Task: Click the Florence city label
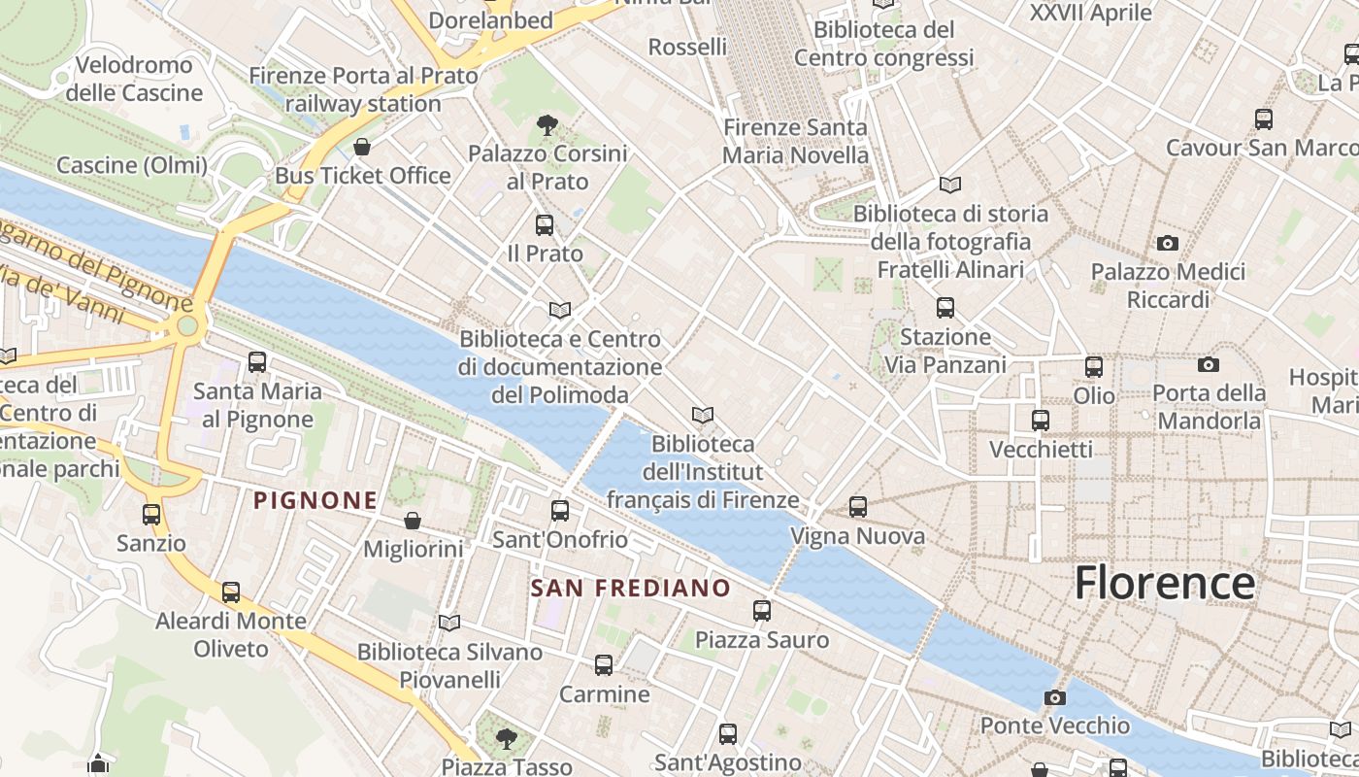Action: (x=1164, y=583)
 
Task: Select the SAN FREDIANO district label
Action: (x=630, y=588)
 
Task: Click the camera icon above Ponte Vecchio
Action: (x=1054, y=697)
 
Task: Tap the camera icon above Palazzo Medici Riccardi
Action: (x=1167, y=243)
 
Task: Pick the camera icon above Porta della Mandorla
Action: (x=1208, y=364)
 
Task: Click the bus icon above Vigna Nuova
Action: (x=857, y=506)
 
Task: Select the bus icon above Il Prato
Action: (x=545, y=225)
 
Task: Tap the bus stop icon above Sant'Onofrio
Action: (x=560, y=510)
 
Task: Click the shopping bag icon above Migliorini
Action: (x=413, y=521)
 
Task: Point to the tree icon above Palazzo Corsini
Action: (x=547, y=124)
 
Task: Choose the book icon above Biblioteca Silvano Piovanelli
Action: (x=448, y=623)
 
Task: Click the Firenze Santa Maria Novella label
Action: (x=795, y=141)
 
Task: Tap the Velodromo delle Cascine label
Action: (x=134, y=80)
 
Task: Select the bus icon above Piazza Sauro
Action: (x=762, y=611)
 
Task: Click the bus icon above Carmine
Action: (x=604, y=665)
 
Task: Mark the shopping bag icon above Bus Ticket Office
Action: (x=362, y=147)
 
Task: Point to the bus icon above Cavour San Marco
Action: (x=1263, y=119)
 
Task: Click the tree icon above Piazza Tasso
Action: (x=506, y=738)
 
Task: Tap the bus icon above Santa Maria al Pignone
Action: (x=257, y=362)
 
